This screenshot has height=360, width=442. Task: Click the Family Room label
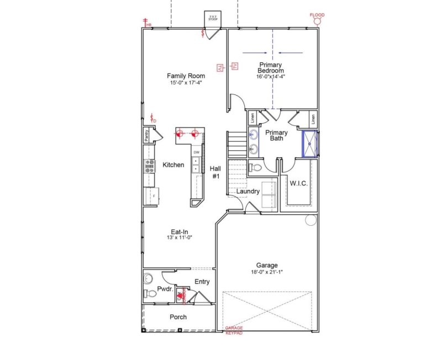point(186,76)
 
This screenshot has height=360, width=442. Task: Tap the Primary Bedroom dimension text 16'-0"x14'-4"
point(271,77)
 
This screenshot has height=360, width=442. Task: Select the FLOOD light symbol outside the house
point(318,21)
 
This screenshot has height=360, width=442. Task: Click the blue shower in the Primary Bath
point(309,144)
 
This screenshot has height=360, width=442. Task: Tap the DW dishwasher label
point(196,152)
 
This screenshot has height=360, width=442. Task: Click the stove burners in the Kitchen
point(150,165)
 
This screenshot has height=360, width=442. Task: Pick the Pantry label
point(147,135)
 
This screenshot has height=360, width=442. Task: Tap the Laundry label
point(248,192)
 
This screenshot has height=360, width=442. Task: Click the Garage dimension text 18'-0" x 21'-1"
point(267,272)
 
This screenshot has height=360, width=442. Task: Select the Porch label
point(178,317)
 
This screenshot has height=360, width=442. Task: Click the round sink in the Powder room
point(147,278)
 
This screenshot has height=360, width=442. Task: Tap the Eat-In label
point(177,232)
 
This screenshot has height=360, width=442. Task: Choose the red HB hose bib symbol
point(148,23)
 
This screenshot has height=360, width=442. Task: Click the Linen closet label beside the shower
point(313,118)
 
